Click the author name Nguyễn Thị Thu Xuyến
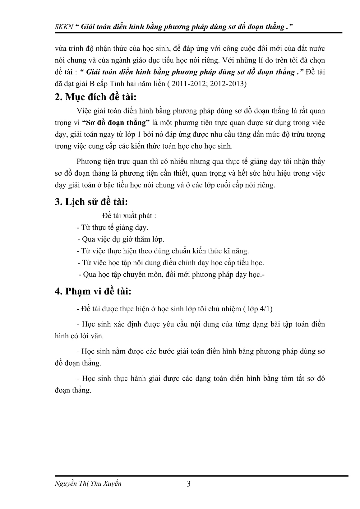tap(88, 484)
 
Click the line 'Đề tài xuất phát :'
tap(129, 216)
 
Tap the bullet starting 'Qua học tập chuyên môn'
tap(172, 275)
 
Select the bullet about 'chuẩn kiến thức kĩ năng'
tap(163, 251)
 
